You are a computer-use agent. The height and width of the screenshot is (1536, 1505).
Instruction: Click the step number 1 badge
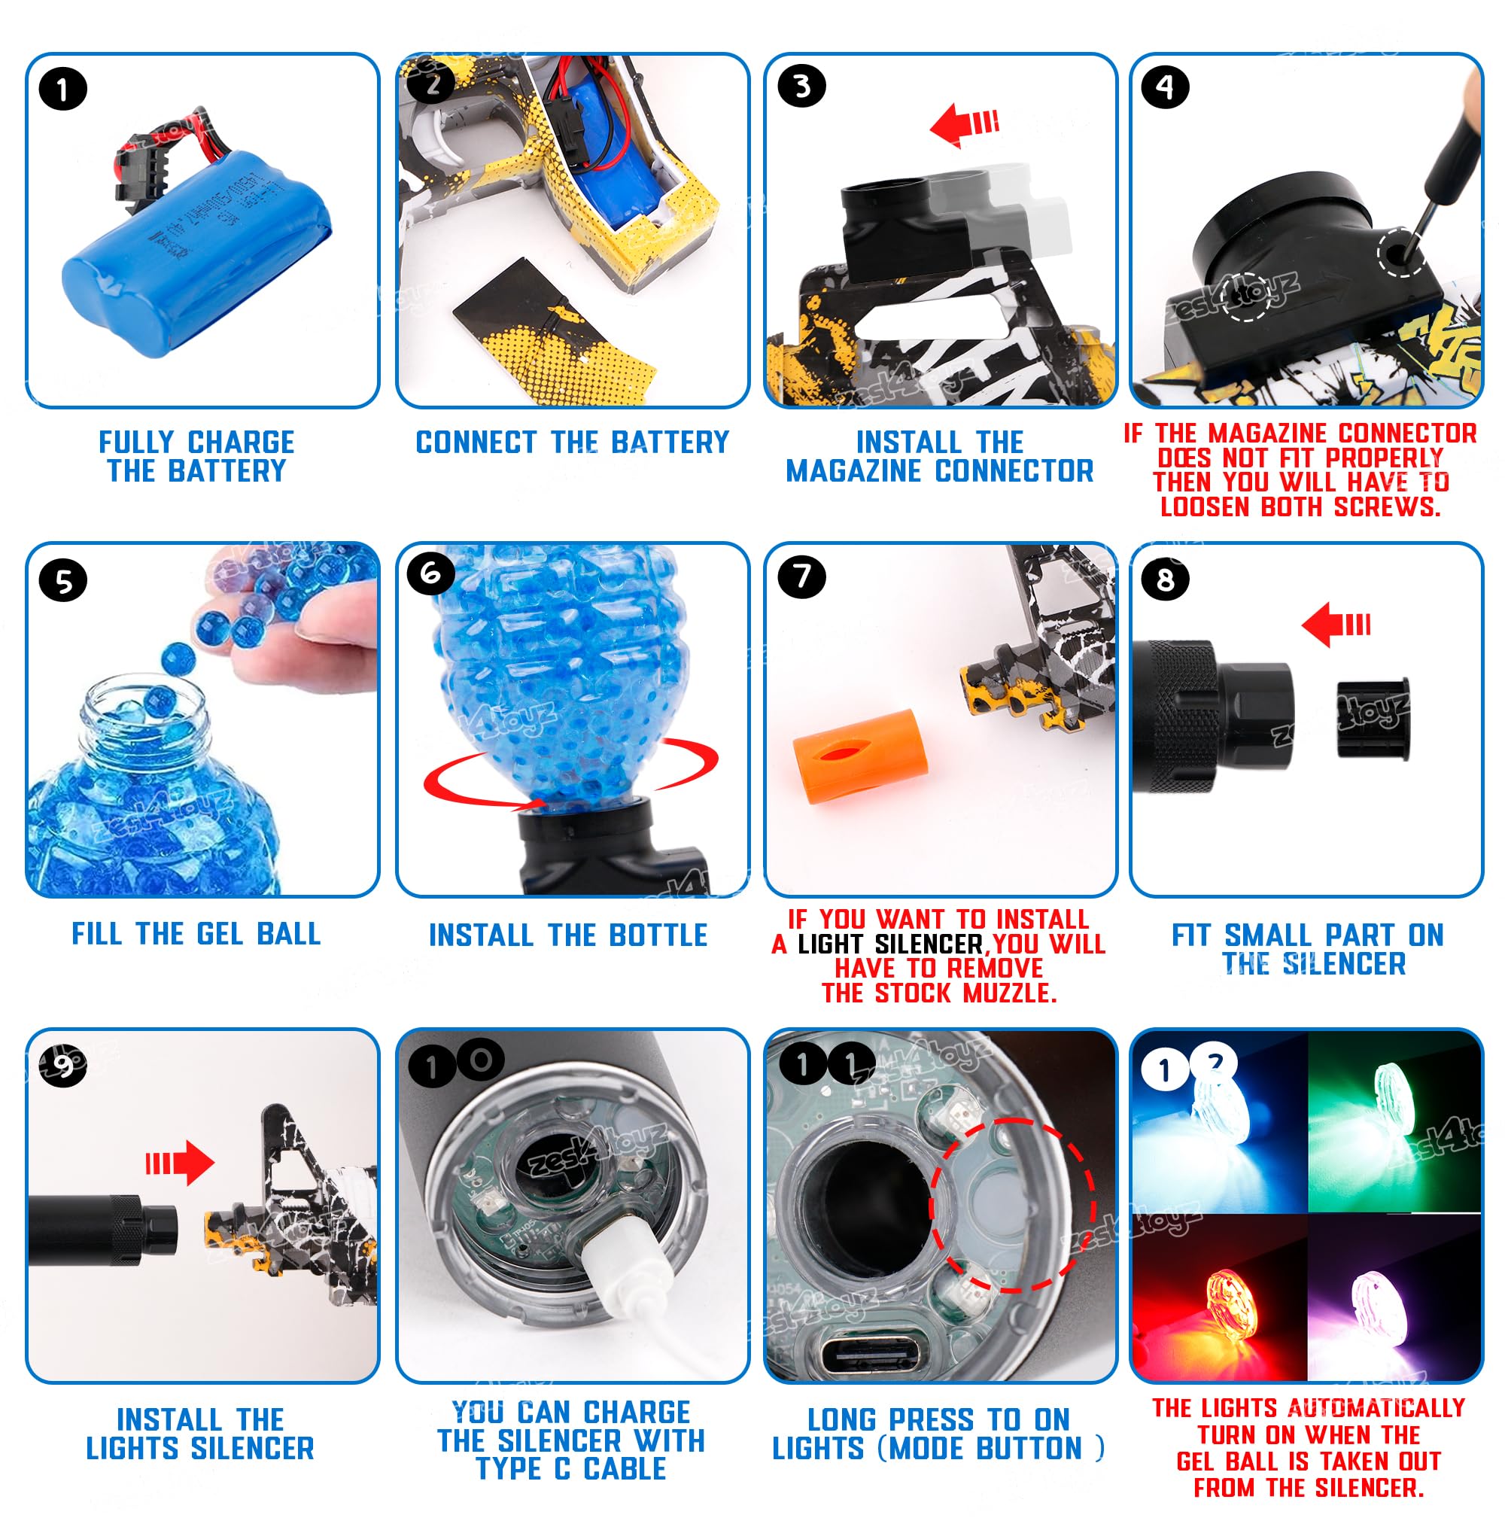(x=62, y=90)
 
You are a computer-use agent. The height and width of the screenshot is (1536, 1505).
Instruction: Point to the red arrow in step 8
(x=1335, y=625)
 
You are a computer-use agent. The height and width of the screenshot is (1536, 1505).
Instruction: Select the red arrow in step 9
(x=179, y=1163)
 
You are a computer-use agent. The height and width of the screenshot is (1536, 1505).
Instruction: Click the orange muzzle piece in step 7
(x=859, y=756)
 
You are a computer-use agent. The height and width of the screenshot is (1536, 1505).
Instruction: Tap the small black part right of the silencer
(x=1373, y=719)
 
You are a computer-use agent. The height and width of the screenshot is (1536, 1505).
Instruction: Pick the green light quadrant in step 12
(x=1394, y=1123)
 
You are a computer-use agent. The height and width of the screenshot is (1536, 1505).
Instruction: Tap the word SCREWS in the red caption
(x=1386, y=506)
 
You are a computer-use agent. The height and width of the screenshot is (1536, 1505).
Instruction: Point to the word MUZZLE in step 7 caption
(x=1009, y=993)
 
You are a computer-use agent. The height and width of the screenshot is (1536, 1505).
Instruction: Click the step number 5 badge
(x=62, y=581)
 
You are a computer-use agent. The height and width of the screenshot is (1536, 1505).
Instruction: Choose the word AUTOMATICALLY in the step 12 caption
(x=1376, y=1408)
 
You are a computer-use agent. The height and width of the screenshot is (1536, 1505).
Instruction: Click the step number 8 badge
(x=1165, y=579)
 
